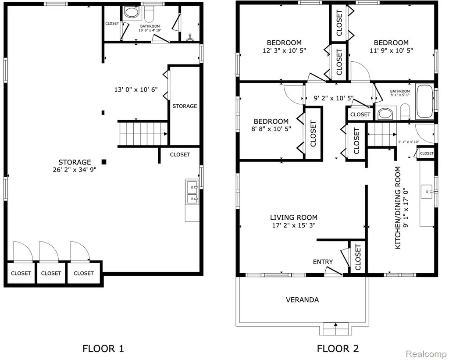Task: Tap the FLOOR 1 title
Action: click(x=103, y=349)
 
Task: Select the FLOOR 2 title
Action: click(x=338, y=349)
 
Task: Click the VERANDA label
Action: click(x=303, y=299)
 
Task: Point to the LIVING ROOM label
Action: click(x=294, y=217)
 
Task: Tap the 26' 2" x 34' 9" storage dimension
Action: click(x=75, y=170)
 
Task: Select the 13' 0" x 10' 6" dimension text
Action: click(x=136, y=89)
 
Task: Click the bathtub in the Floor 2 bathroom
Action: click(x=424, y=101)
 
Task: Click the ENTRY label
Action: click(x=323, y=262)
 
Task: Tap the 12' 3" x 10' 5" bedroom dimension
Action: click(x=284, y=50)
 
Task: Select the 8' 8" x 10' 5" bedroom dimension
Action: click(x=271, y=129)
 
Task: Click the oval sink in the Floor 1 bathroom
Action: click(x=132, y=13)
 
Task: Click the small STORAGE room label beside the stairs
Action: click(x=185, y=106)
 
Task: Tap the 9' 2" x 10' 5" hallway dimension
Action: click(x=334, y=98)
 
